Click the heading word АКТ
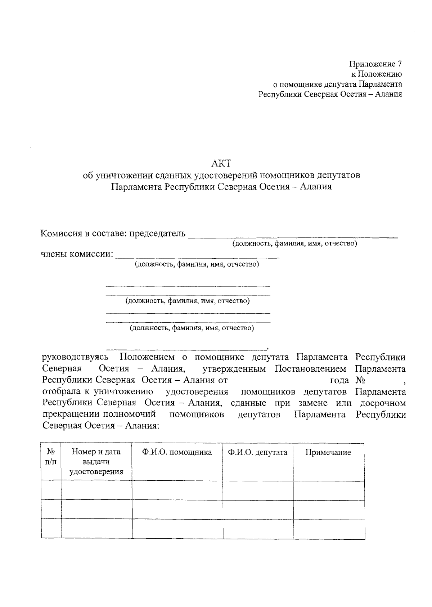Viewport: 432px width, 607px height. [221, 163]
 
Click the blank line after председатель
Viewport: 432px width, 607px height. [293, 236]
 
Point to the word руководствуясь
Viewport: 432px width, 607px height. [75, 357]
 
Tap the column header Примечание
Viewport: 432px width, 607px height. [328, 453]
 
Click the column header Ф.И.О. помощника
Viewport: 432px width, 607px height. [177, 452]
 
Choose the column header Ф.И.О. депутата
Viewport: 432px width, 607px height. [257, 452]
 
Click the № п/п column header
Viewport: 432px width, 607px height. [51, 456]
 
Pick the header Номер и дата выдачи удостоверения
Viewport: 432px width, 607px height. [96, 462]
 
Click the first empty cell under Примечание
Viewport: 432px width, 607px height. [328, 490]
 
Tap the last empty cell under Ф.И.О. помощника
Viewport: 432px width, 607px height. [177, 529]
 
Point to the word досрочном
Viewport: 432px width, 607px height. [383, 403]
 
